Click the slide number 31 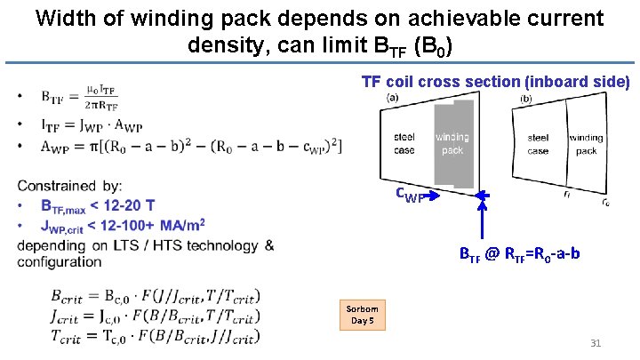(x=596, y=343)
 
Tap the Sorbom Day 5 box (x=362, y=314)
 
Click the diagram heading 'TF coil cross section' (x=495, y=82)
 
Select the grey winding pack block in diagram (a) (x=452, y=142)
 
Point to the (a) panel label (x=392, y=96)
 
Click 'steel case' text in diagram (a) (x=404, y=144)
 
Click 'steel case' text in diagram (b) (x=538, y=144)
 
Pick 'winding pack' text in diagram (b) (x=586, y=144)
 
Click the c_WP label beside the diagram (x=411, y=195)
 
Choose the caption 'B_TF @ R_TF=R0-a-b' (x=519, y=255)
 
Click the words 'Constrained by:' (x=69, y=186)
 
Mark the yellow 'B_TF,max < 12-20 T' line (x=98, y=205)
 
